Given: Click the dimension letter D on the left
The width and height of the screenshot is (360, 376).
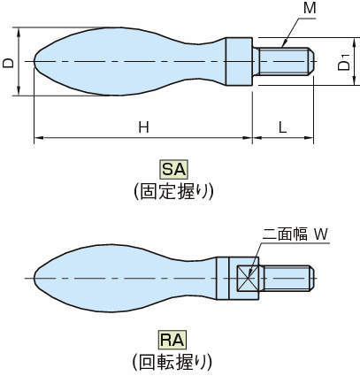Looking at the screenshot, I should [x=8, y=64].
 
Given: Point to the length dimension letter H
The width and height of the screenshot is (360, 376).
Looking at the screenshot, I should [x=142, y=127].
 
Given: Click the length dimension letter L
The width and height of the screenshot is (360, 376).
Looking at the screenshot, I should [x=282, y=127].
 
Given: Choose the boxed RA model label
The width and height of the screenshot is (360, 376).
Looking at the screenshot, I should [x=171, y=338].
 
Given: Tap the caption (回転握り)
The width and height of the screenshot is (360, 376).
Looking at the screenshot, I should [x=172, y=360].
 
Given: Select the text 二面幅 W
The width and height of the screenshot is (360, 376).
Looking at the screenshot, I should [x=295, y=234].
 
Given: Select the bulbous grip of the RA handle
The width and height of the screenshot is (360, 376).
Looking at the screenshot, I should [x=115, y=279].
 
